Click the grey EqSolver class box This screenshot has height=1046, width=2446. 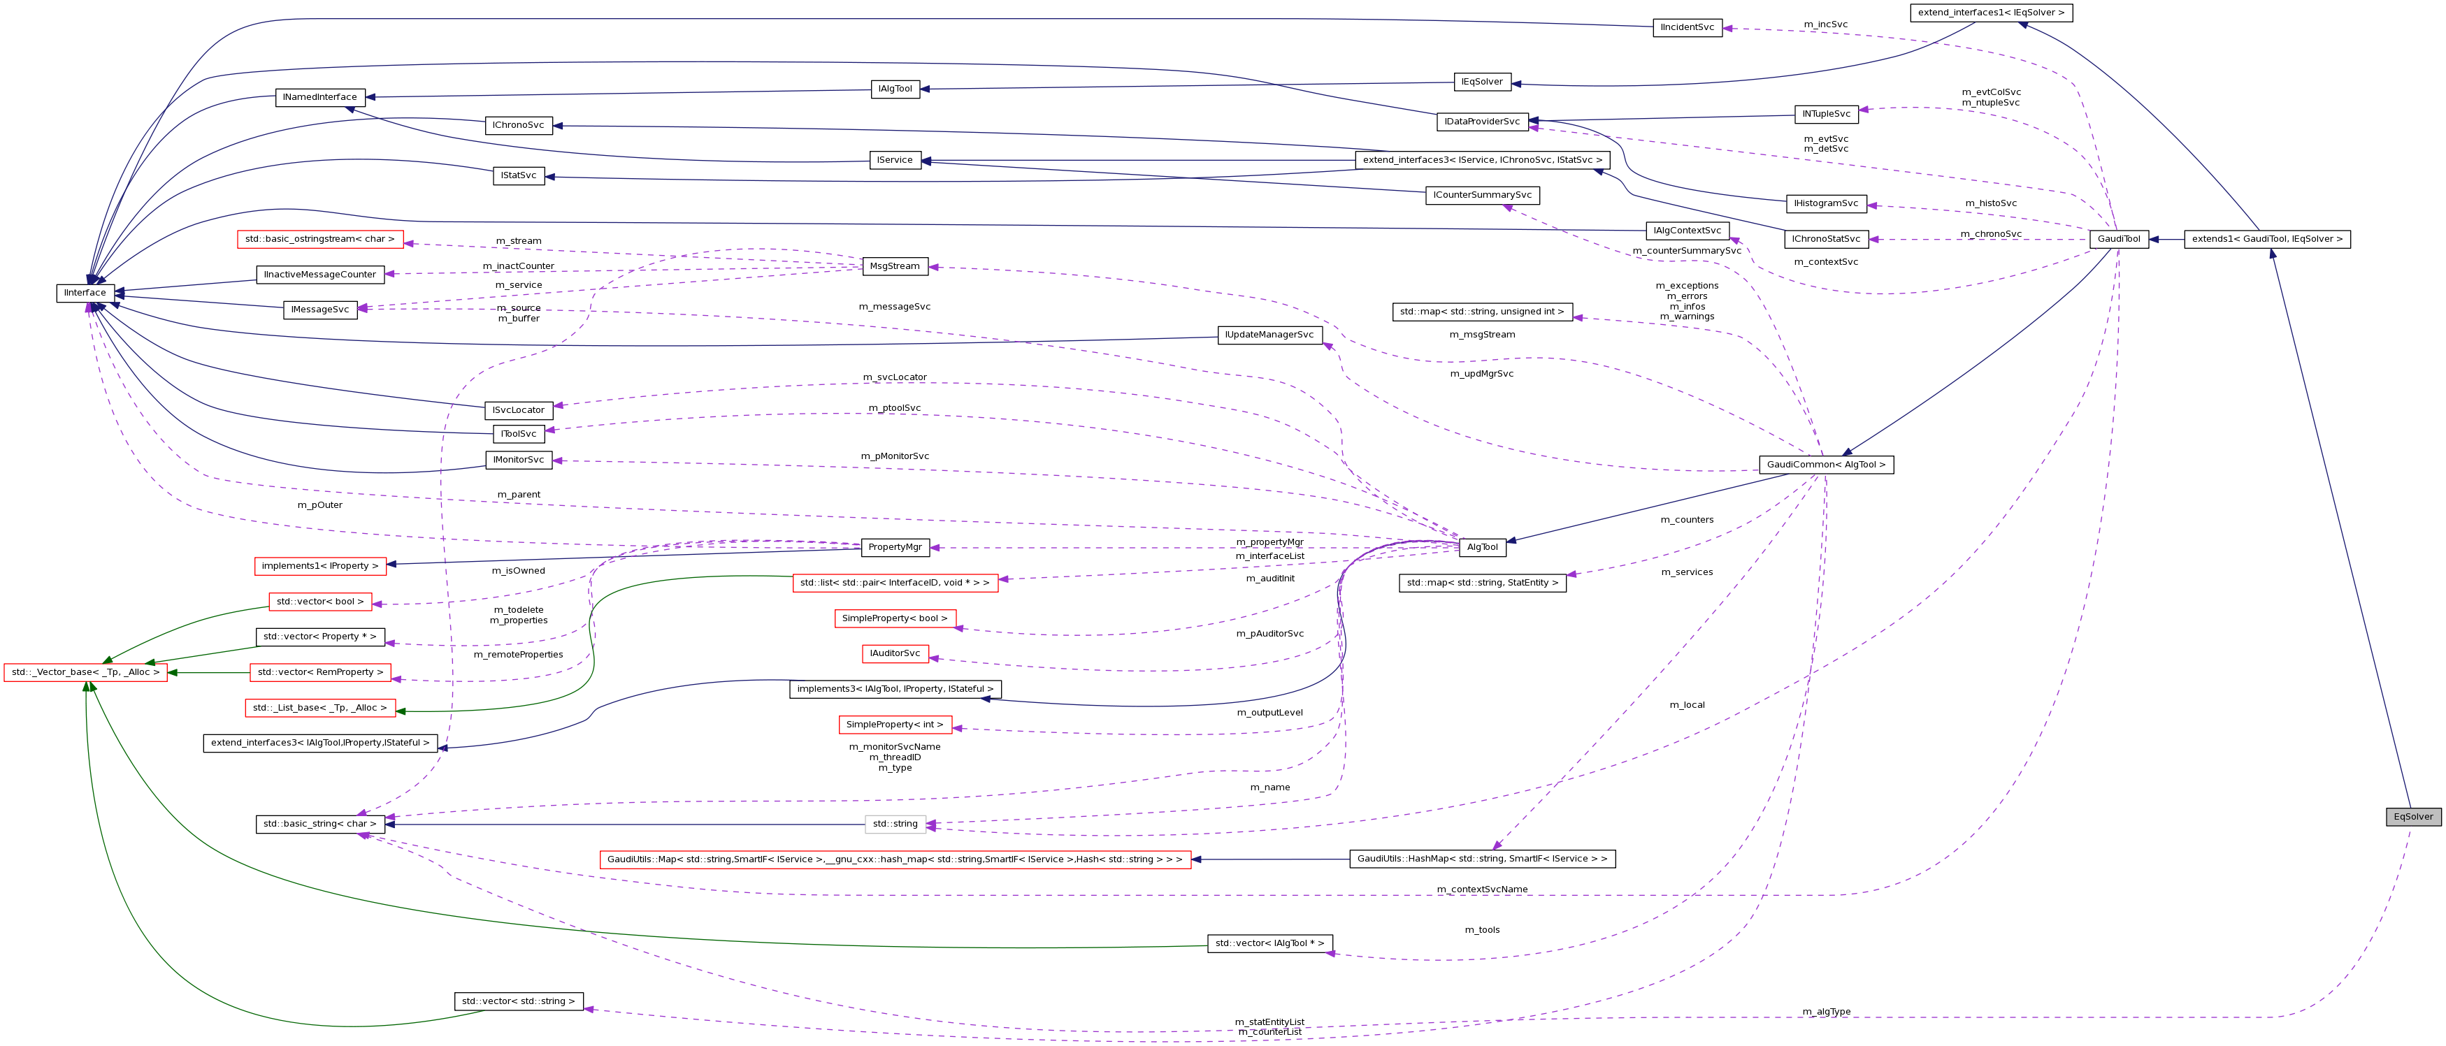pos(2412,816)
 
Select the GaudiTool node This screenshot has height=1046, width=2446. pos(2118,239)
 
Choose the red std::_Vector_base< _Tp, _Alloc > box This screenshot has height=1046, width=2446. pos(85,673)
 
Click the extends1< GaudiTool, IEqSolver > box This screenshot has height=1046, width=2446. pos(2266,239)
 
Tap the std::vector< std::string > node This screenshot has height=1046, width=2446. pos(519,1001)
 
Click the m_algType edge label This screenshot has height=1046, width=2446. pos(1826,1012)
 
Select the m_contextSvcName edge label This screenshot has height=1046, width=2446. pos(1481,889)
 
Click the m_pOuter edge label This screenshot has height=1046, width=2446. pos(320,505)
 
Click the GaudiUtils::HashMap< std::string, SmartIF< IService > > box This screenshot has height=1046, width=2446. pos(1481,859)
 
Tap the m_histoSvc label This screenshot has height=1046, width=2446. pos(1990,203)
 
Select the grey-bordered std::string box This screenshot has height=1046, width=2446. pos(895,824)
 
